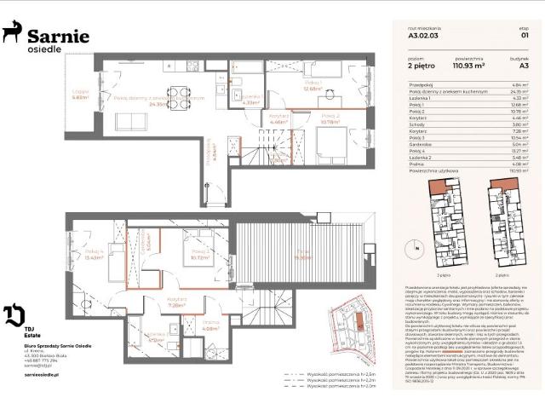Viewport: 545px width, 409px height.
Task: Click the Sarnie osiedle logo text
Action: coord(58,39)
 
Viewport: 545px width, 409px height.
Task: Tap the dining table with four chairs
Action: coord(179,95)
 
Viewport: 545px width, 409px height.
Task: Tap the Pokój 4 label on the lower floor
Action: coord(94,253)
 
